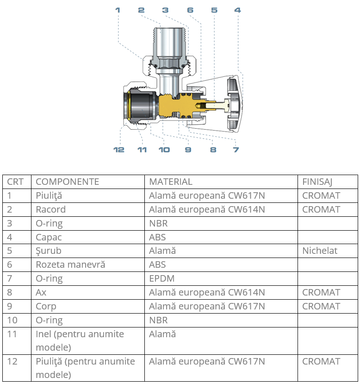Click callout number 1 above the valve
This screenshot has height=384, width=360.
pyautogui.click(x=118, y=10)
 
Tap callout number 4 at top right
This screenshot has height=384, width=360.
pyautogui.click(x=237, y=10)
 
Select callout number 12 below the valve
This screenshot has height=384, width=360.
pyautogui.click(x=119, y=149)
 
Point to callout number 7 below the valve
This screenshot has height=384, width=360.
pyautogui.click(x=236, y=149)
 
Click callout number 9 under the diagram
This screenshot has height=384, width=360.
pyautogui.click(x=188, y=149)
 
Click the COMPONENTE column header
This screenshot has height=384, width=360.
pyautogui.click(x=67, y=182)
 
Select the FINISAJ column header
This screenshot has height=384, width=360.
pyautogui.click(x=317, y=182)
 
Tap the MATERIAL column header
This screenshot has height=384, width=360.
pyautogui.click(x=170, y=182)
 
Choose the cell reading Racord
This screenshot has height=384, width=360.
pyautogui.click(x=51, y=209)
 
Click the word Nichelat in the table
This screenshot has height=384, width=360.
pyautogui.click(x=320, y=251)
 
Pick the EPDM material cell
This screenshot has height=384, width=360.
pyautogui.click(x=161, y=278)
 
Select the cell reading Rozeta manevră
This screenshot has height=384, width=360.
pyautogui.click(x=70, y=264)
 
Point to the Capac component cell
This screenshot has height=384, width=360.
pyautogui.click(x=49, y=237)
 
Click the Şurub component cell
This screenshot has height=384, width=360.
pyautogui.click(x=49, y=251)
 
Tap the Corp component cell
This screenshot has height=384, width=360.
pyautogui.click(x=46, y=306)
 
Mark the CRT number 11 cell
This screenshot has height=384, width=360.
pyautogui.click(x=12, y=334)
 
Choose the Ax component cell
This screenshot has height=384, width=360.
pyautogui.click(x=41, y=292)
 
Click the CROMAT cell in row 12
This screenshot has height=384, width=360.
pyautogui.click(x=321, y=361)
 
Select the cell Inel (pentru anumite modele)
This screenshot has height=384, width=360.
pyautogui.click(x=80, y=340)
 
